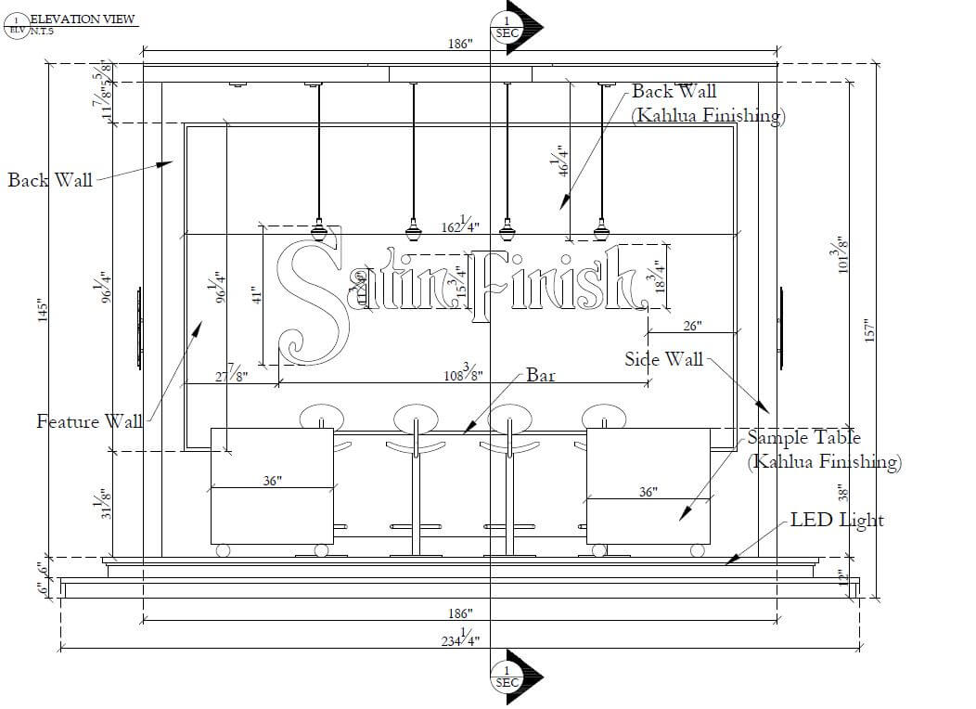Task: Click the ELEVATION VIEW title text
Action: [x=83, y=19]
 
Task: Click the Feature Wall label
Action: [x=89, y=421]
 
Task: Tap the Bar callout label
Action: [x=541, y=375]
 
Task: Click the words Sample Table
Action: [x=803, y=437]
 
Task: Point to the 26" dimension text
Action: [x=692, y=326]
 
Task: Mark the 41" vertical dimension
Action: [x=258, y=294]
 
